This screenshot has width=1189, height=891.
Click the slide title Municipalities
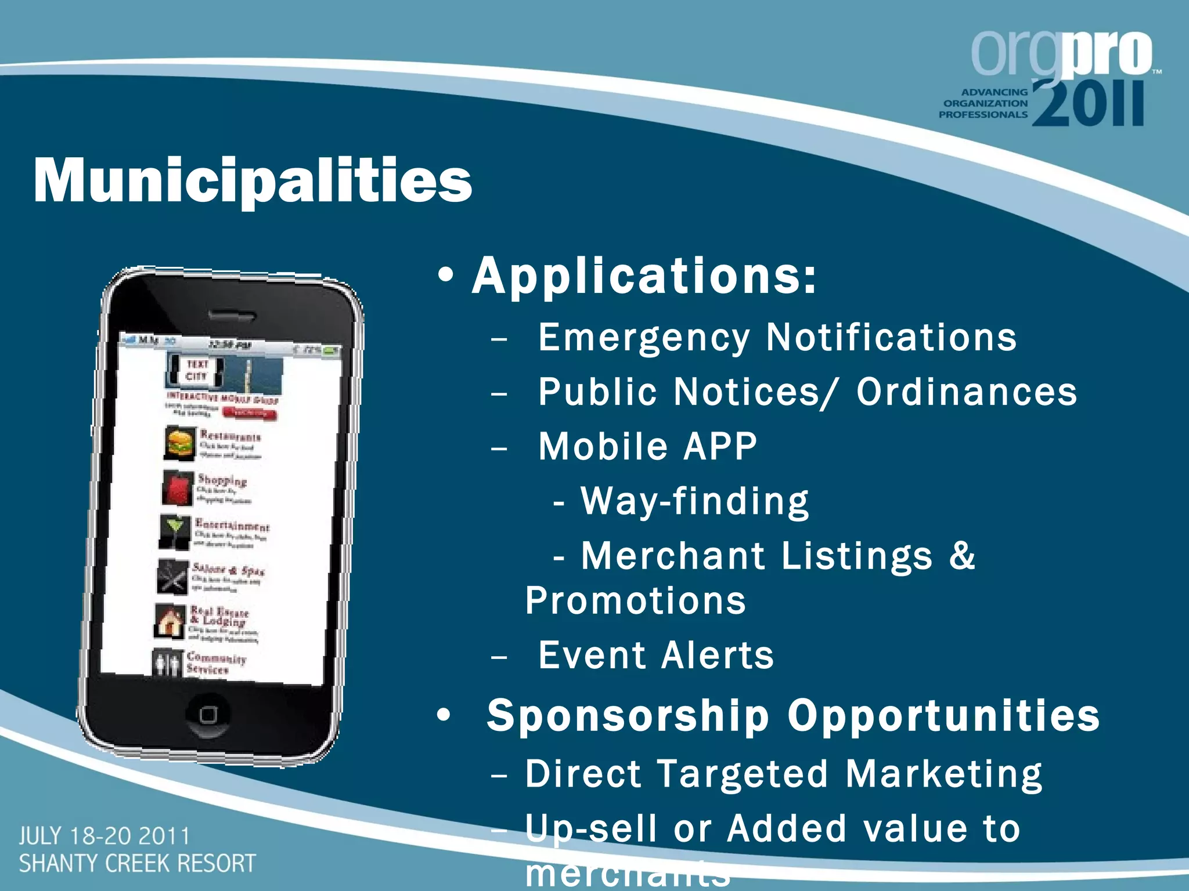253,181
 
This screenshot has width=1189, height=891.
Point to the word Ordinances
967,392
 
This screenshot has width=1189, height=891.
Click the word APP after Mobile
720,447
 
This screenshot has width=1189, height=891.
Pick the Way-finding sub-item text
694,501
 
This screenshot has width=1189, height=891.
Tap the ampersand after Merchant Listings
962,556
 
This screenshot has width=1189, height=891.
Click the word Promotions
636,601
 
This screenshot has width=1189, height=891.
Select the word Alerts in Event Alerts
718,655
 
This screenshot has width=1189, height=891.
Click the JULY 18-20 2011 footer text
105,836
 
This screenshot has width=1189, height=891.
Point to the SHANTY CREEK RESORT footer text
137,864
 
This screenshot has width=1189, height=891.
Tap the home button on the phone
208,715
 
